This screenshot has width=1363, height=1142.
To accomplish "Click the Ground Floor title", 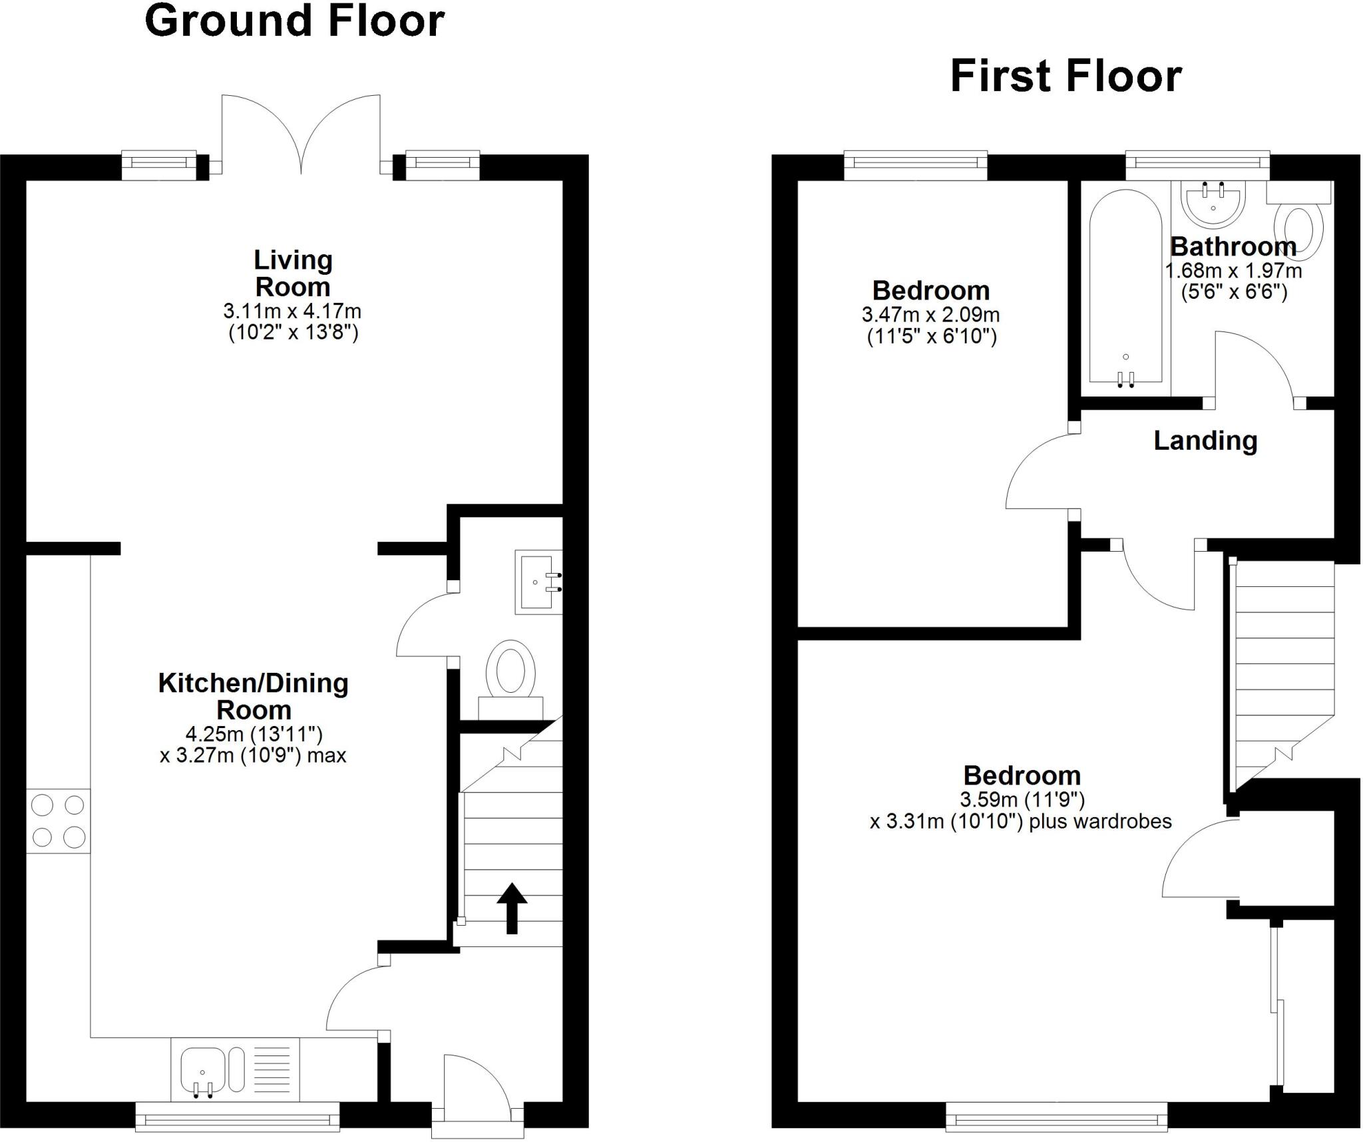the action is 294,21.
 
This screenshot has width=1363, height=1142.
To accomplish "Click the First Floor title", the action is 1066,77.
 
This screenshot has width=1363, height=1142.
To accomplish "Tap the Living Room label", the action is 293,274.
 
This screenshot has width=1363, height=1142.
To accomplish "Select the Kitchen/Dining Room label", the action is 254,696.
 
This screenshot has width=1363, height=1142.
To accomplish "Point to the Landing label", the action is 1205,441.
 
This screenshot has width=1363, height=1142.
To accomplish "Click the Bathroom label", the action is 1233,247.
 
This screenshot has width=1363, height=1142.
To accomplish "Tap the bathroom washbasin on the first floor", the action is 1213,202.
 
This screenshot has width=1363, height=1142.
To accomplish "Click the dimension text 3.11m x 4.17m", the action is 292,311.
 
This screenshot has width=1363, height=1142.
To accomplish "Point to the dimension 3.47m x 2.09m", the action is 930,314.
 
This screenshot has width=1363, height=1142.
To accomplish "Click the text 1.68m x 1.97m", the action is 1233,271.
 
